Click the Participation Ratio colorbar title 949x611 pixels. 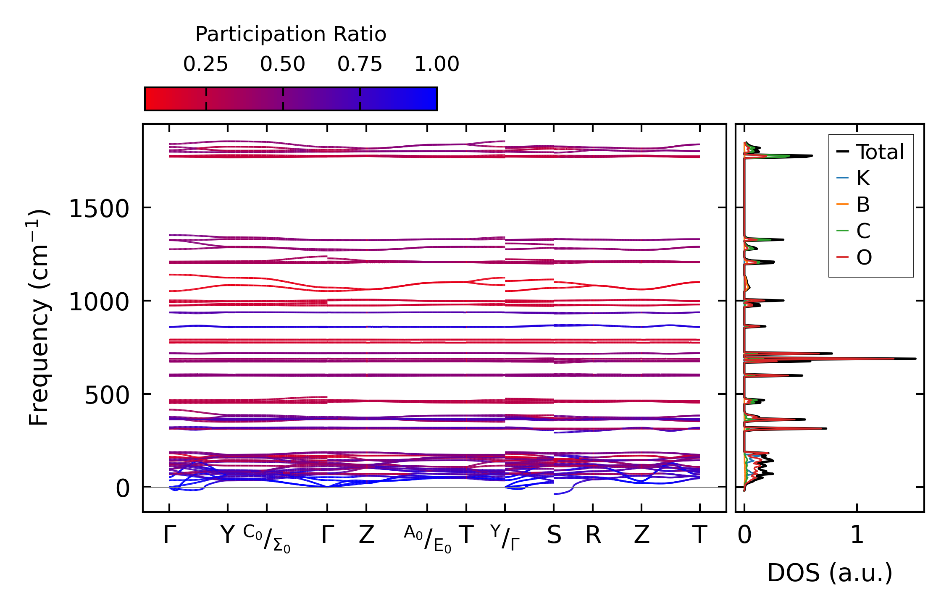290,34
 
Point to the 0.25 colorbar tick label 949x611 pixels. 205,64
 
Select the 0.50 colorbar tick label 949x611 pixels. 282,64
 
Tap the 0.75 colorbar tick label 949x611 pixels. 360,64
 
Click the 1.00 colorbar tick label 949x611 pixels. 436,64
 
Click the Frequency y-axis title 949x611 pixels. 39,317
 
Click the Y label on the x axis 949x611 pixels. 227,535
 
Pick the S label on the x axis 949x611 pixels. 554,535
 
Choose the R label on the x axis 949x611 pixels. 593,535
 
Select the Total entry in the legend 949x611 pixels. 880,152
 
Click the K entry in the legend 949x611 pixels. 863,178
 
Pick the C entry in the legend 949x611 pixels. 863,231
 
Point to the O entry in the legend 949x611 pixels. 864,257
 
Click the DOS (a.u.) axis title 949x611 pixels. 830,573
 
